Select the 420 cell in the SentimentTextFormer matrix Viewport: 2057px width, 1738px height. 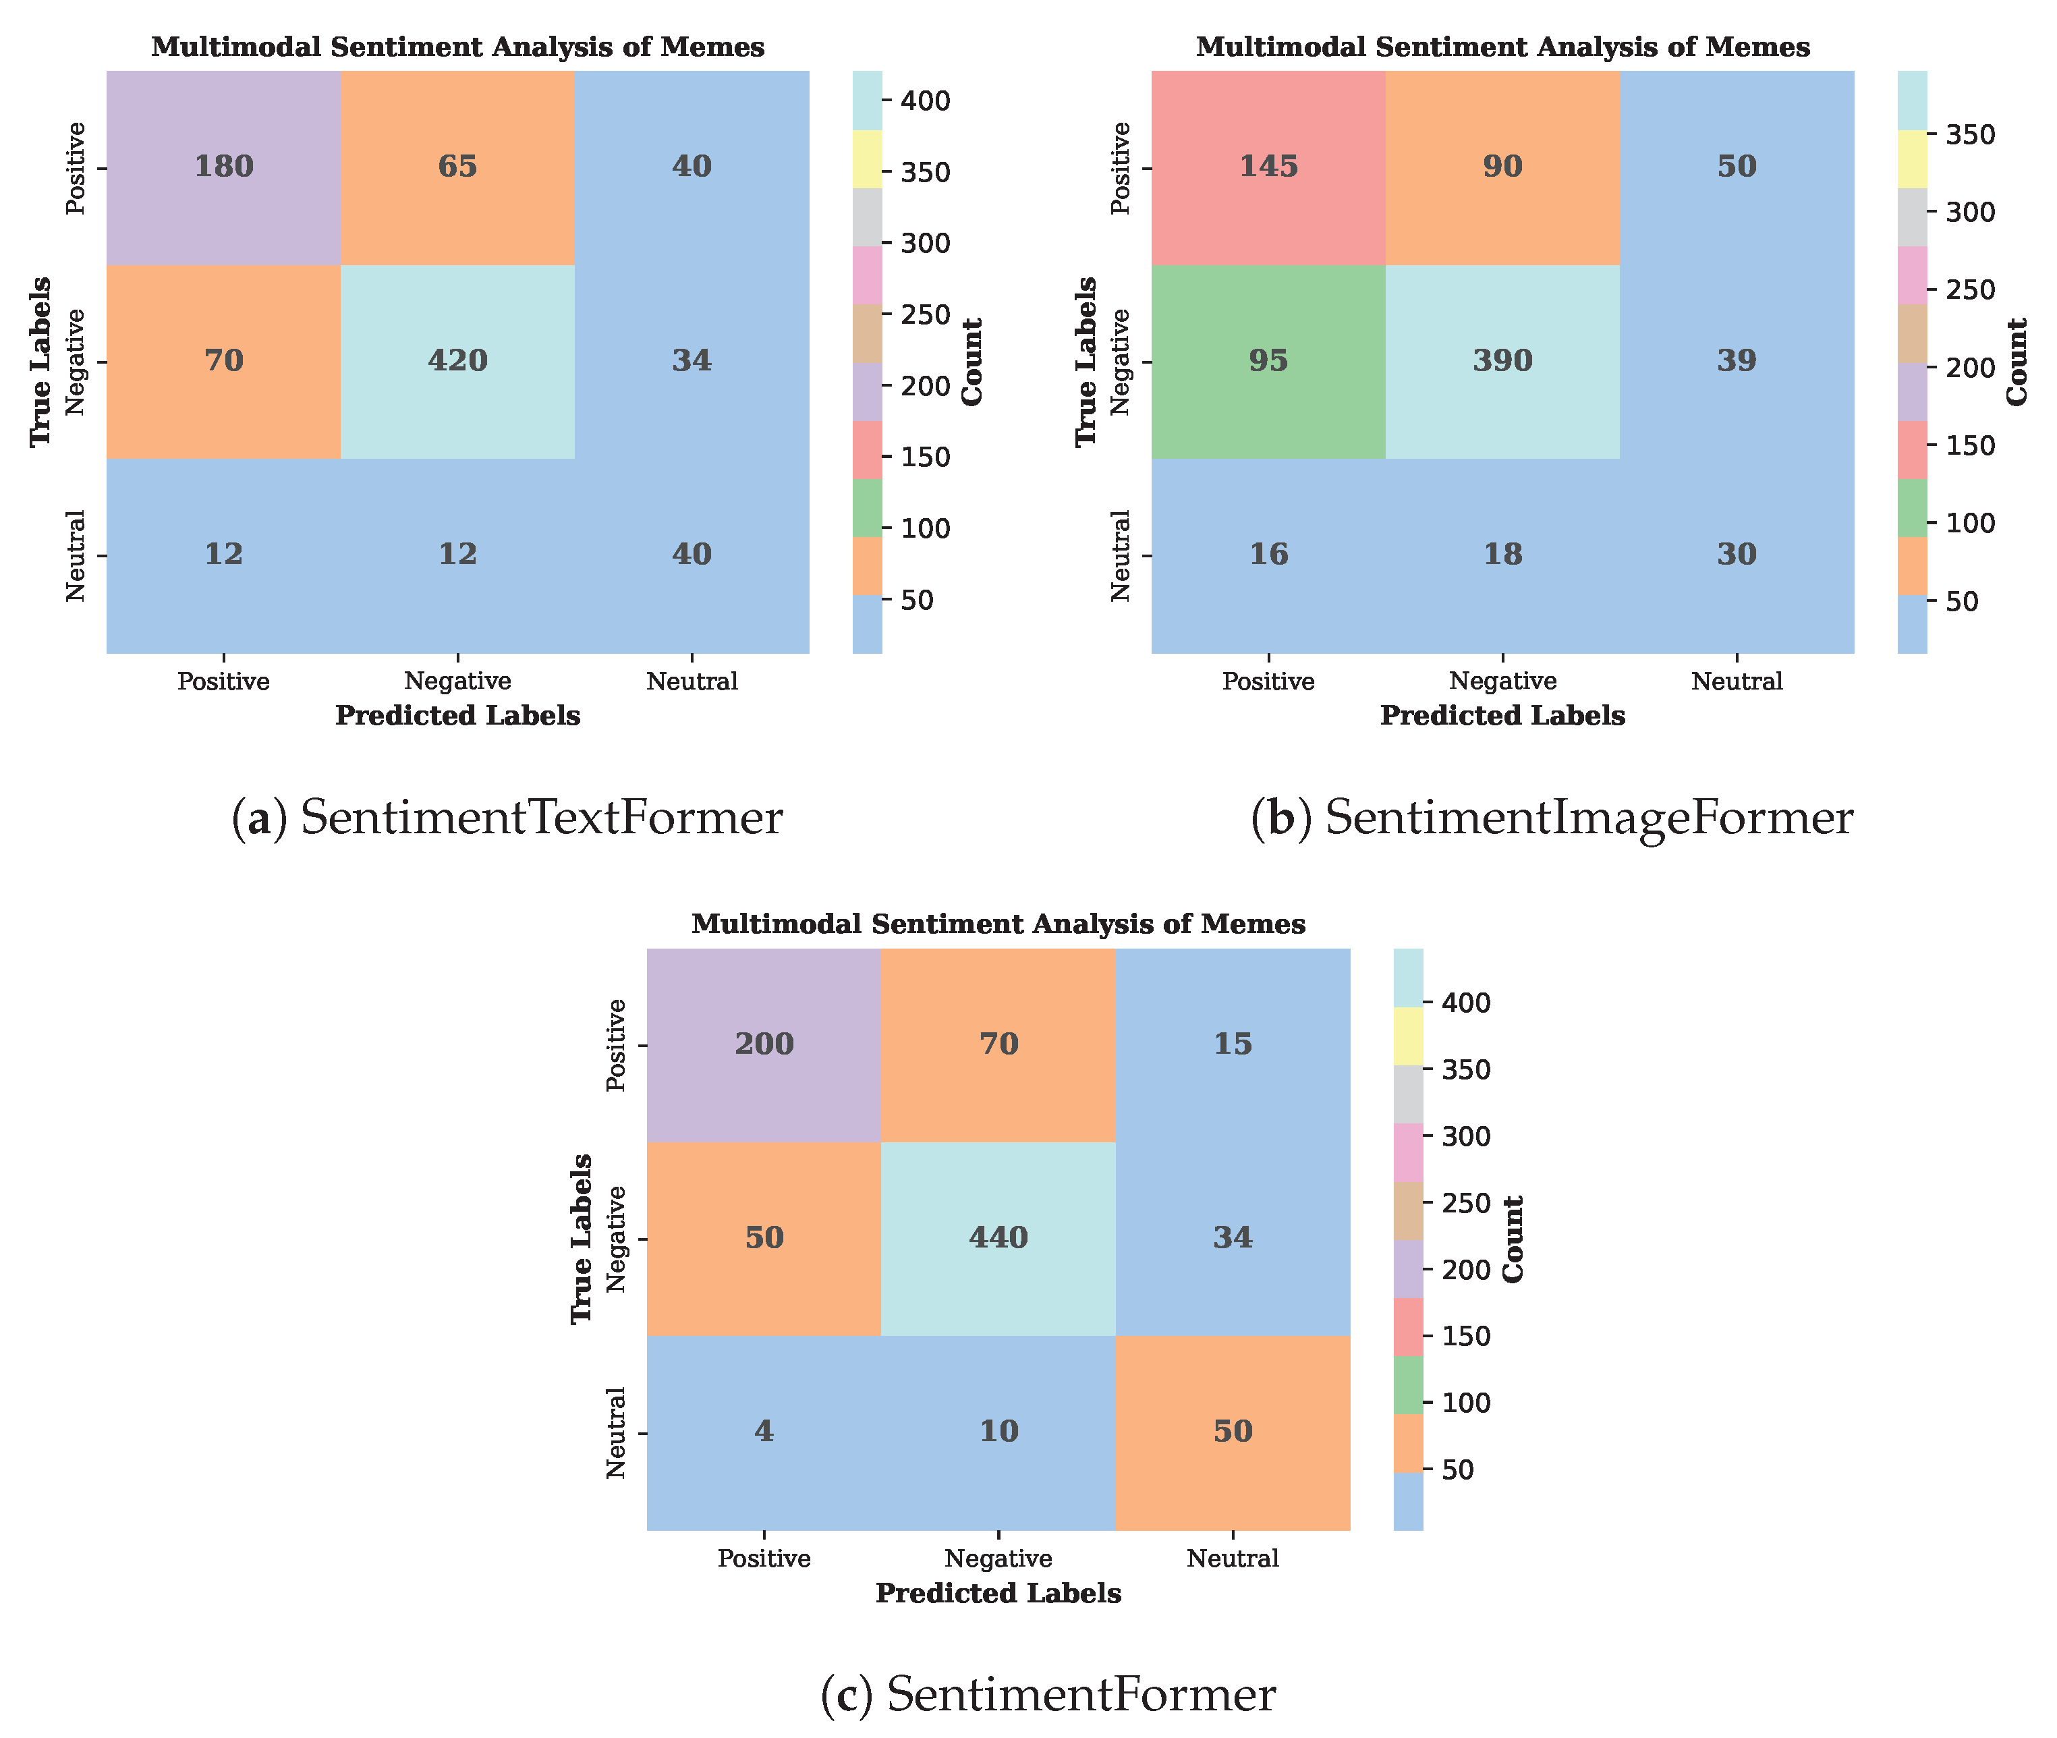click(457, 360)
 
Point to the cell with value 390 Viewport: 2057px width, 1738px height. click(1502, 360)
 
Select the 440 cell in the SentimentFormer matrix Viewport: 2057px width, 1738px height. click(998, 1237)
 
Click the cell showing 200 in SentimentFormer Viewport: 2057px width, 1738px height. click(764, 1043)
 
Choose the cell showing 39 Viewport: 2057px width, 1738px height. click(1737, 360)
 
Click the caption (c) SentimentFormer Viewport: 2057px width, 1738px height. click(1047, 1695)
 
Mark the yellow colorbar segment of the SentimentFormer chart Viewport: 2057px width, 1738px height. click(1409, 1036)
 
